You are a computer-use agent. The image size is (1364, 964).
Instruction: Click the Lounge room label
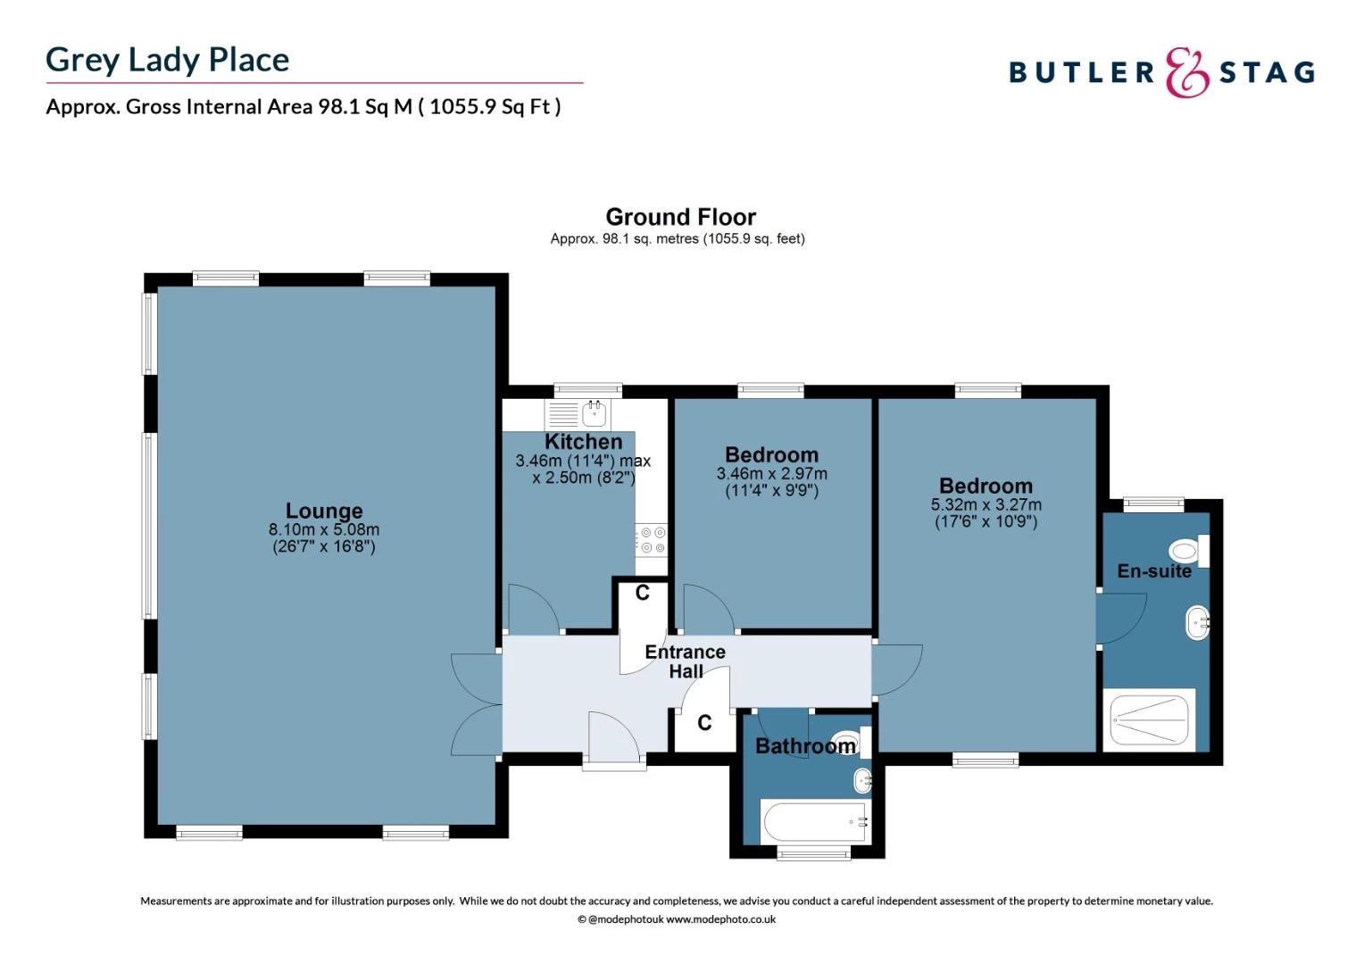[324, 511]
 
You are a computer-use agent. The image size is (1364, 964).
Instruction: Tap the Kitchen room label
[583, 442]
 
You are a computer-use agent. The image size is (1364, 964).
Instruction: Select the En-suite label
[1153, 571]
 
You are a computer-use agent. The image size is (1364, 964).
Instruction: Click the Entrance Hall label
[685, 661]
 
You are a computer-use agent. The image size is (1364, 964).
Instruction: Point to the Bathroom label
[805, 746]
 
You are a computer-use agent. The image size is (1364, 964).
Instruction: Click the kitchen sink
[595, 413]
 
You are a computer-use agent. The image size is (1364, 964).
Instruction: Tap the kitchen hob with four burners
[652, 540]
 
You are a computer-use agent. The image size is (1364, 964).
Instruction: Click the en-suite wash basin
[1197, 622]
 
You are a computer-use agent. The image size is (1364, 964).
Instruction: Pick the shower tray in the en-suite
[1148, 719]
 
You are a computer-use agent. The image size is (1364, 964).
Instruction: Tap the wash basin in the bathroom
[862, 781]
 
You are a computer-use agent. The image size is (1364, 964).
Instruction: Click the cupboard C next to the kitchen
[642, 593]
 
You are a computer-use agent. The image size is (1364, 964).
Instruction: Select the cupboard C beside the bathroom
[704, 723]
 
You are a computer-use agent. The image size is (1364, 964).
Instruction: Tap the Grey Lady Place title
[168, 60]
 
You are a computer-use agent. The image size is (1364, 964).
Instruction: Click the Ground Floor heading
[680, 217]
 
